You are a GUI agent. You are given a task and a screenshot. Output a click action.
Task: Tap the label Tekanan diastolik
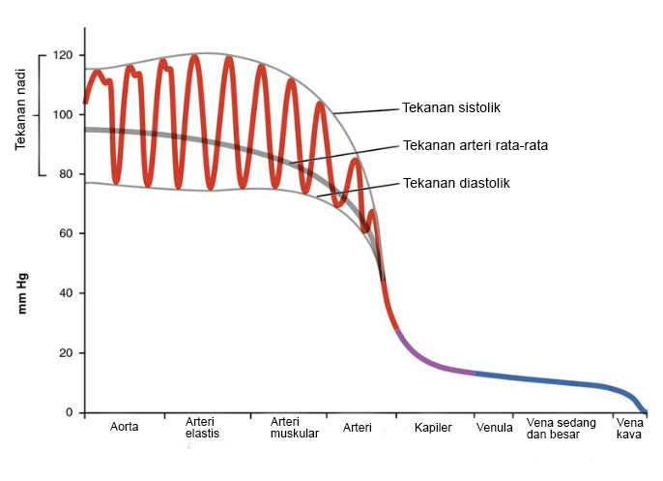[456, 182]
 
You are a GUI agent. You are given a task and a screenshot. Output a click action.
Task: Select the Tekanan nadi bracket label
[20, 114]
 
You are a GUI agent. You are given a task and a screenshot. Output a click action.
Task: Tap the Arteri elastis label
[203, 427]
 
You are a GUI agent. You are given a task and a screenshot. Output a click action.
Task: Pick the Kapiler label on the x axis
[433, 427]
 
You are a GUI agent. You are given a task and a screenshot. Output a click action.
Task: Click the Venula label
[494, 427]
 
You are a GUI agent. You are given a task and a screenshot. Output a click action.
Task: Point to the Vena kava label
[629, 427]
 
